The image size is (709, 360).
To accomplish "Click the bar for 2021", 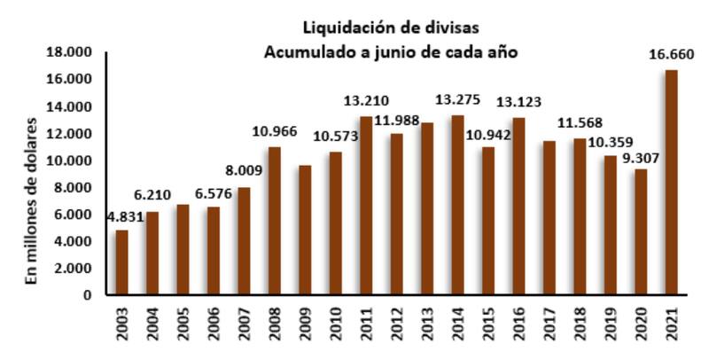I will click(x=671, y=183).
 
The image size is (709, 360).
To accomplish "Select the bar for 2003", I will click(x=121, y=262).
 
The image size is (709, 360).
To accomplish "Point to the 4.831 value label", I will click(x=124, y=216).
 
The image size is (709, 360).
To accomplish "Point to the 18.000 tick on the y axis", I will click(x=71, y=52).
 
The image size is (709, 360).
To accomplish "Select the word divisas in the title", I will click(x=450, y=27).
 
